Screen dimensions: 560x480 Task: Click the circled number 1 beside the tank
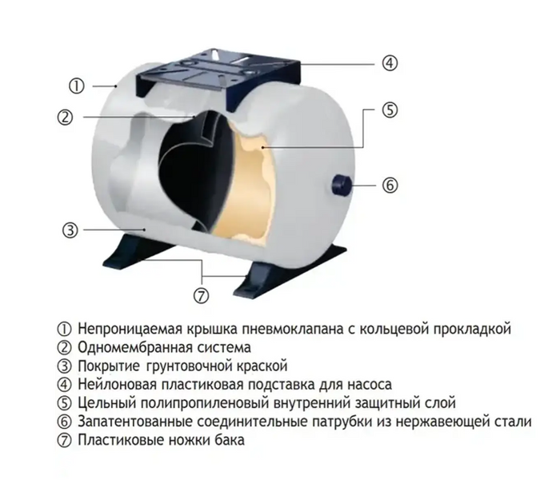pos(76,86)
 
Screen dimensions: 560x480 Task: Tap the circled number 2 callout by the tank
pos(65,117)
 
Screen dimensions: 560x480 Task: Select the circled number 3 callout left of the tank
pos(70,230)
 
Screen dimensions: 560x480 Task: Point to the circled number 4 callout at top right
pos(390,63)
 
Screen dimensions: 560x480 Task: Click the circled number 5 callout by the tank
pos(390,110)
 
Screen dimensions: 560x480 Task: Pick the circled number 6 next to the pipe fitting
pos(390,186)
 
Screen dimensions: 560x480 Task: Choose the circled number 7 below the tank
pos(201,296)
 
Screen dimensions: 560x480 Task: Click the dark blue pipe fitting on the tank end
pos(342,185)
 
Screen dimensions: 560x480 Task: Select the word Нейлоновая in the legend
pos(118,384)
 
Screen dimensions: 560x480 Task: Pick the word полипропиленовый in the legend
pos(205,403)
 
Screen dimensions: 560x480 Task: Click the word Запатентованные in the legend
pos(135,422)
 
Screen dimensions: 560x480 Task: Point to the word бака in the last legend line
pos(230,440)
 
